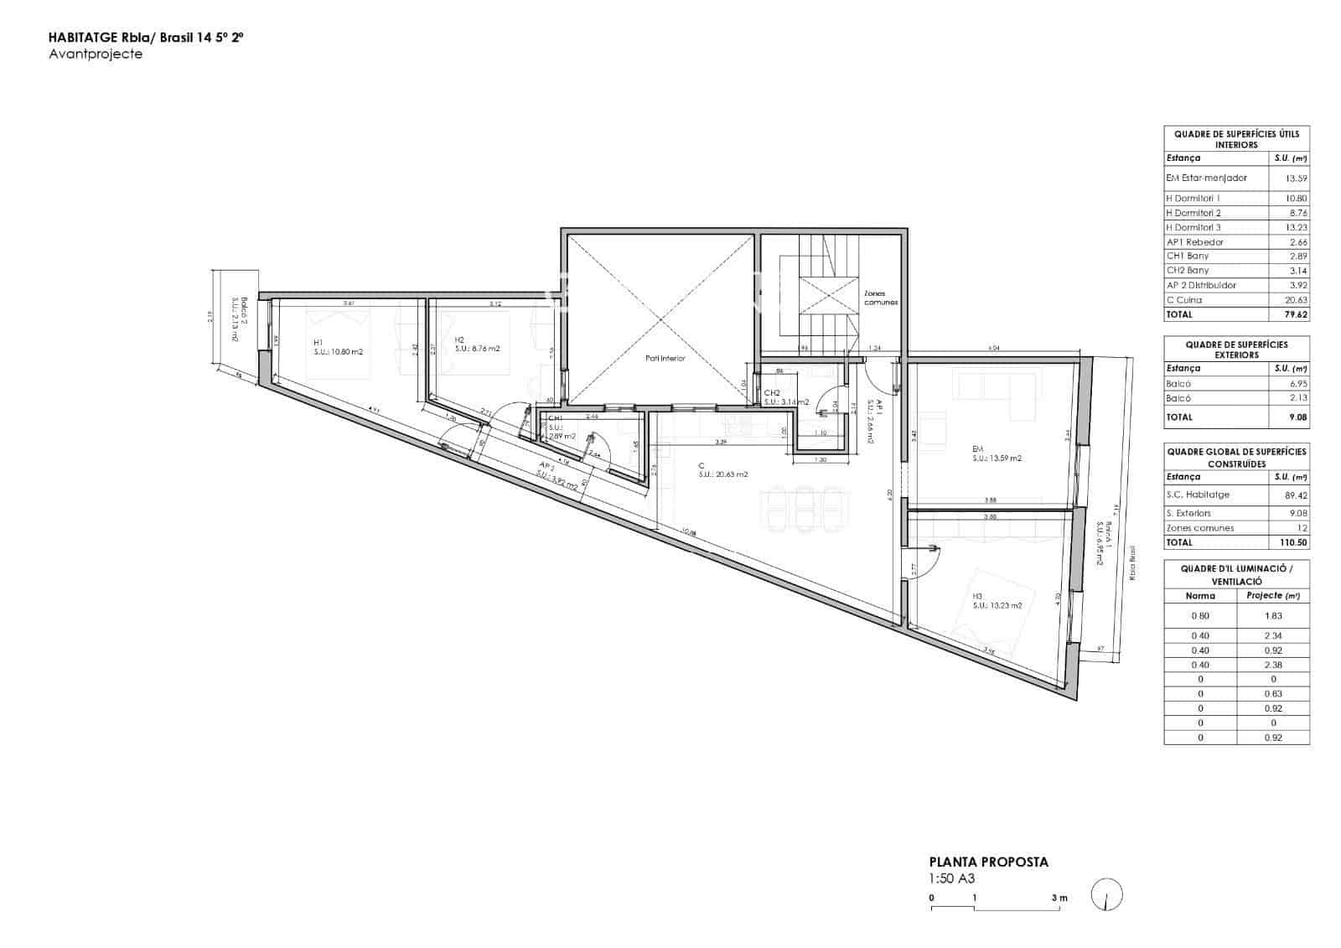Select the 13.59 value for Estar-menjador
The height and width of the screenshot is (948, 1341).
tap(1296, 179)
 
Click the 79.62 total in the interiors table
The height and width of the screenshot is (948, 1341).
tap(1296, 315)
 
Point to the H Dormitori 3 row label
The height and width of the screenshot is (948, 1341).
tap(1193, 227)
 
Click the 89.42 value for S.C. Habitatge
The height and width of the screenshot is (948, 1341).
tap(1296, 495)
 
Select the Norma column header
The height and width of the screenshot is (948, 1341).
tap(1200, 596)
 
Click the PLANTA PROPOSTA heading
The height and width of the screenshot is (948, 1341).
tap(989, 862)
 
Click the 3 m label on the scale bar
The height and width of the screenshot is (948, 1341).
tap(1059, 898)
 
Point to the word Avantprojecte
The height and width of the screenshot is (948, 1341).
tap(96, 54)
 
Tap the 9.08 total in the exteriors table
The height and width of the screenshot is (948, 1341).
tap(1296, 417)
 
